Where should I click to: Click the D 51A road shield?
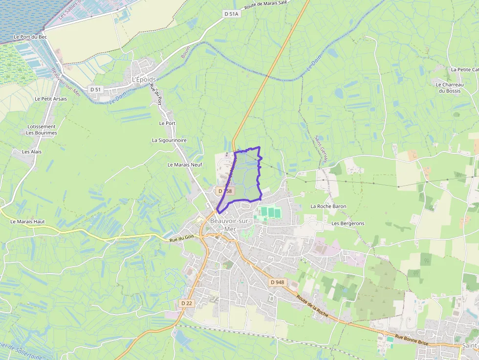coord(231,14)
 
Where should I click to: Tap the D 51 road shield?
coord(95,89)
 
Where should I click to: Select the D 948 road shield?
coord(277,282)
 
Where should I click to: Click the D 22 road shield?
coord(187,303)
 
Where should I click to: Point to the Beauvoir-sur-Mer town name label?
coord(229,225)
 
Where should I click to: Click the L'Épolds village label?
coord(144,79)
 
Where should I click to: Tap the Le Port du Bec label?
coord(30,37)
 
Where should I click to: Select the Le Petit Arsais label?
coord(51,98)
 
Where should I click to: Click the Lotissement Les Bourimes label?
coord(42,129)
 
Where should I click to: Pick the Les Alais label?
coord(32,151)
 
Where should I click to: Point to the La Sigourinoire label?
coord(169,140)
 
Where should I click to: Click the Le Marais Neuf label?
coord(185,165)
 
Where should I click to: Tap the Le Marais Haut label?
coord(27,221)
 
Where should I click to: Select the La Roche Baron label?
coord(328,206)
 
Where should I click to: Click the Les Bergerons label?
coord(348,223)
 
